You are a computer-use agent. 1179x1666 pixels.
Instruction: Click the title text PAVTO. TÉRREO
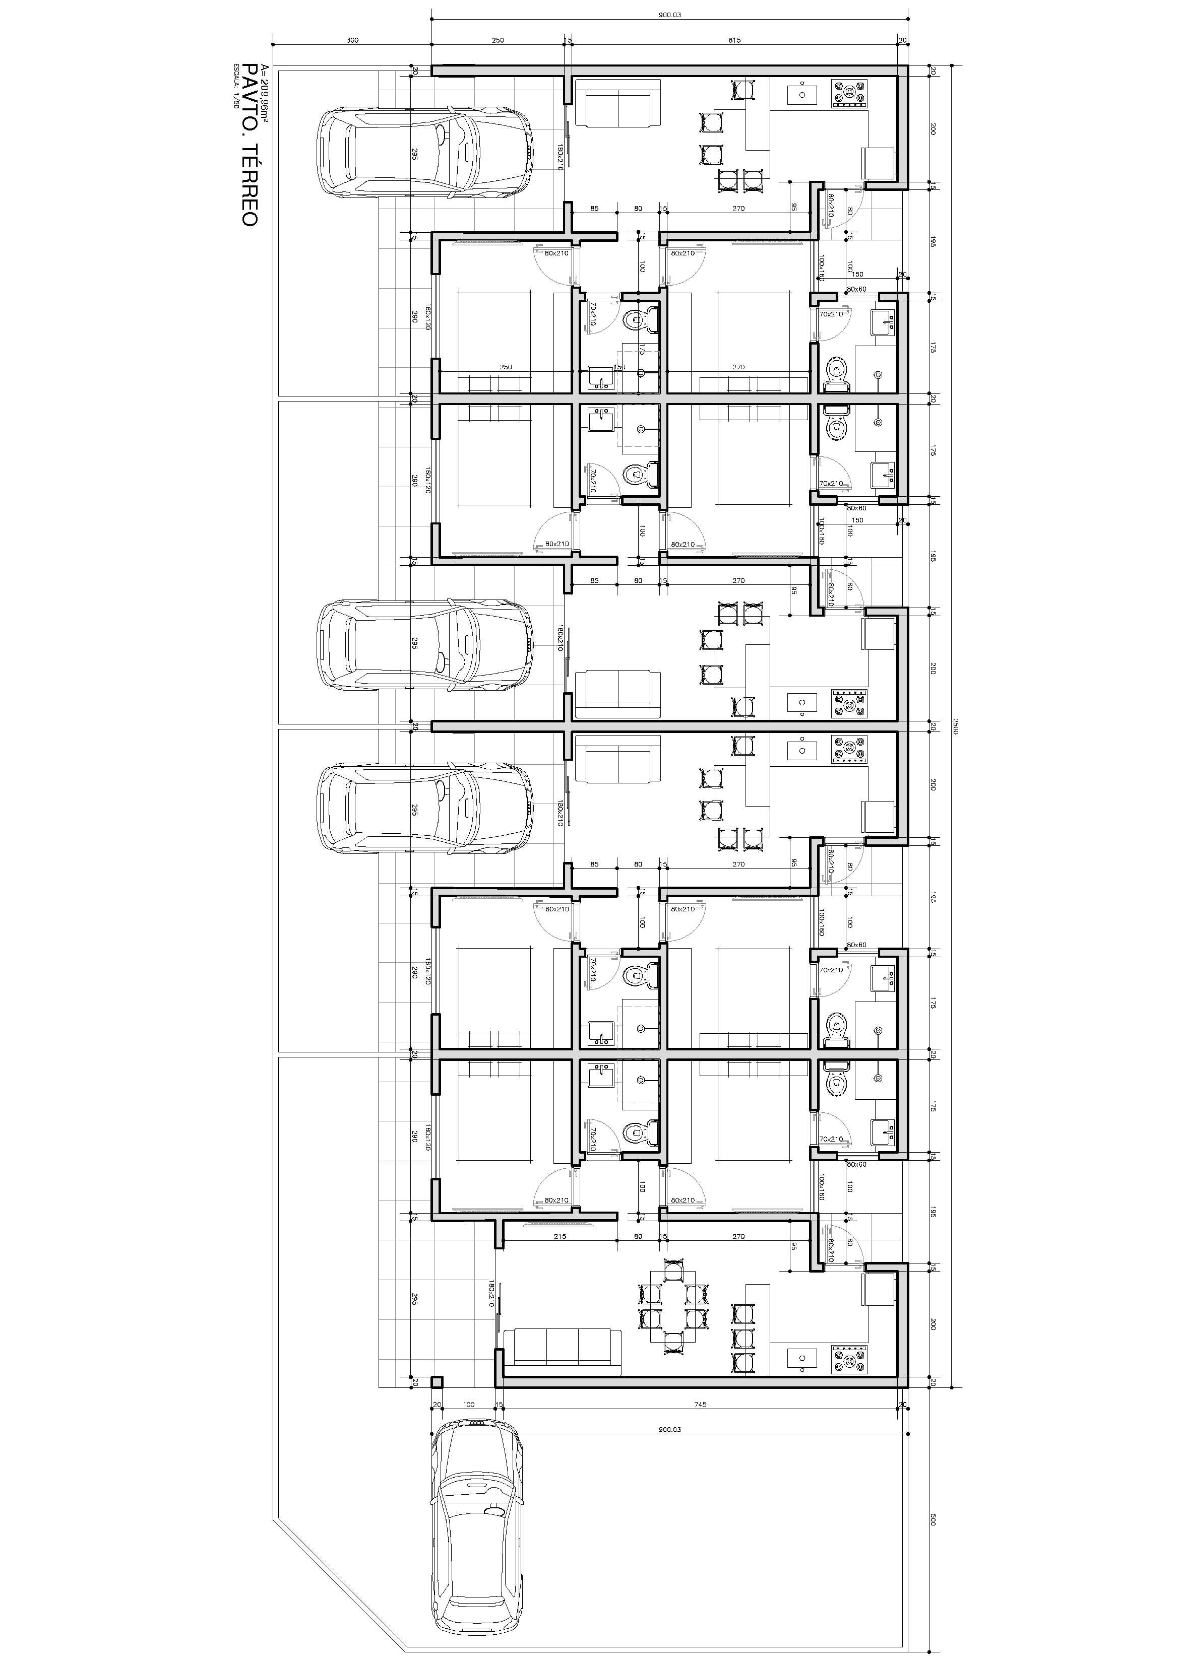click(x=249, y=145)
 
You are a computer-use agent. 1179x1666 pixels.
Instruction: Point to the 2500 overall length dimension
click(x=955, y=725)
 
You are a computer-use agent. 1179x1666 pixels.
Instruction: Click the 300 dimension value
click(x=352, y=41)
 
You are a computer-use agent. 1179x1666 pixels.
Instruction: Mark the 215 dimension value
click(x=560, y=1236)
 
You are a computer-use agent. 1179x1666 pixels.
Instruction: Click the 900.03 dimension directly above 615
click(x=669, y=15)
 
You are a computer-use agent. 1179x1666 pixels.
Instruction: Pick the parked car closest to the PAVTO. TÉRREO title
click(x=425, y=152)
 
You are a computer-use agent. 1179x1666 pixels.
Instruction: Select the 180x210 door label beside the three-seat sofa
click(x=491, y=1294)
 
